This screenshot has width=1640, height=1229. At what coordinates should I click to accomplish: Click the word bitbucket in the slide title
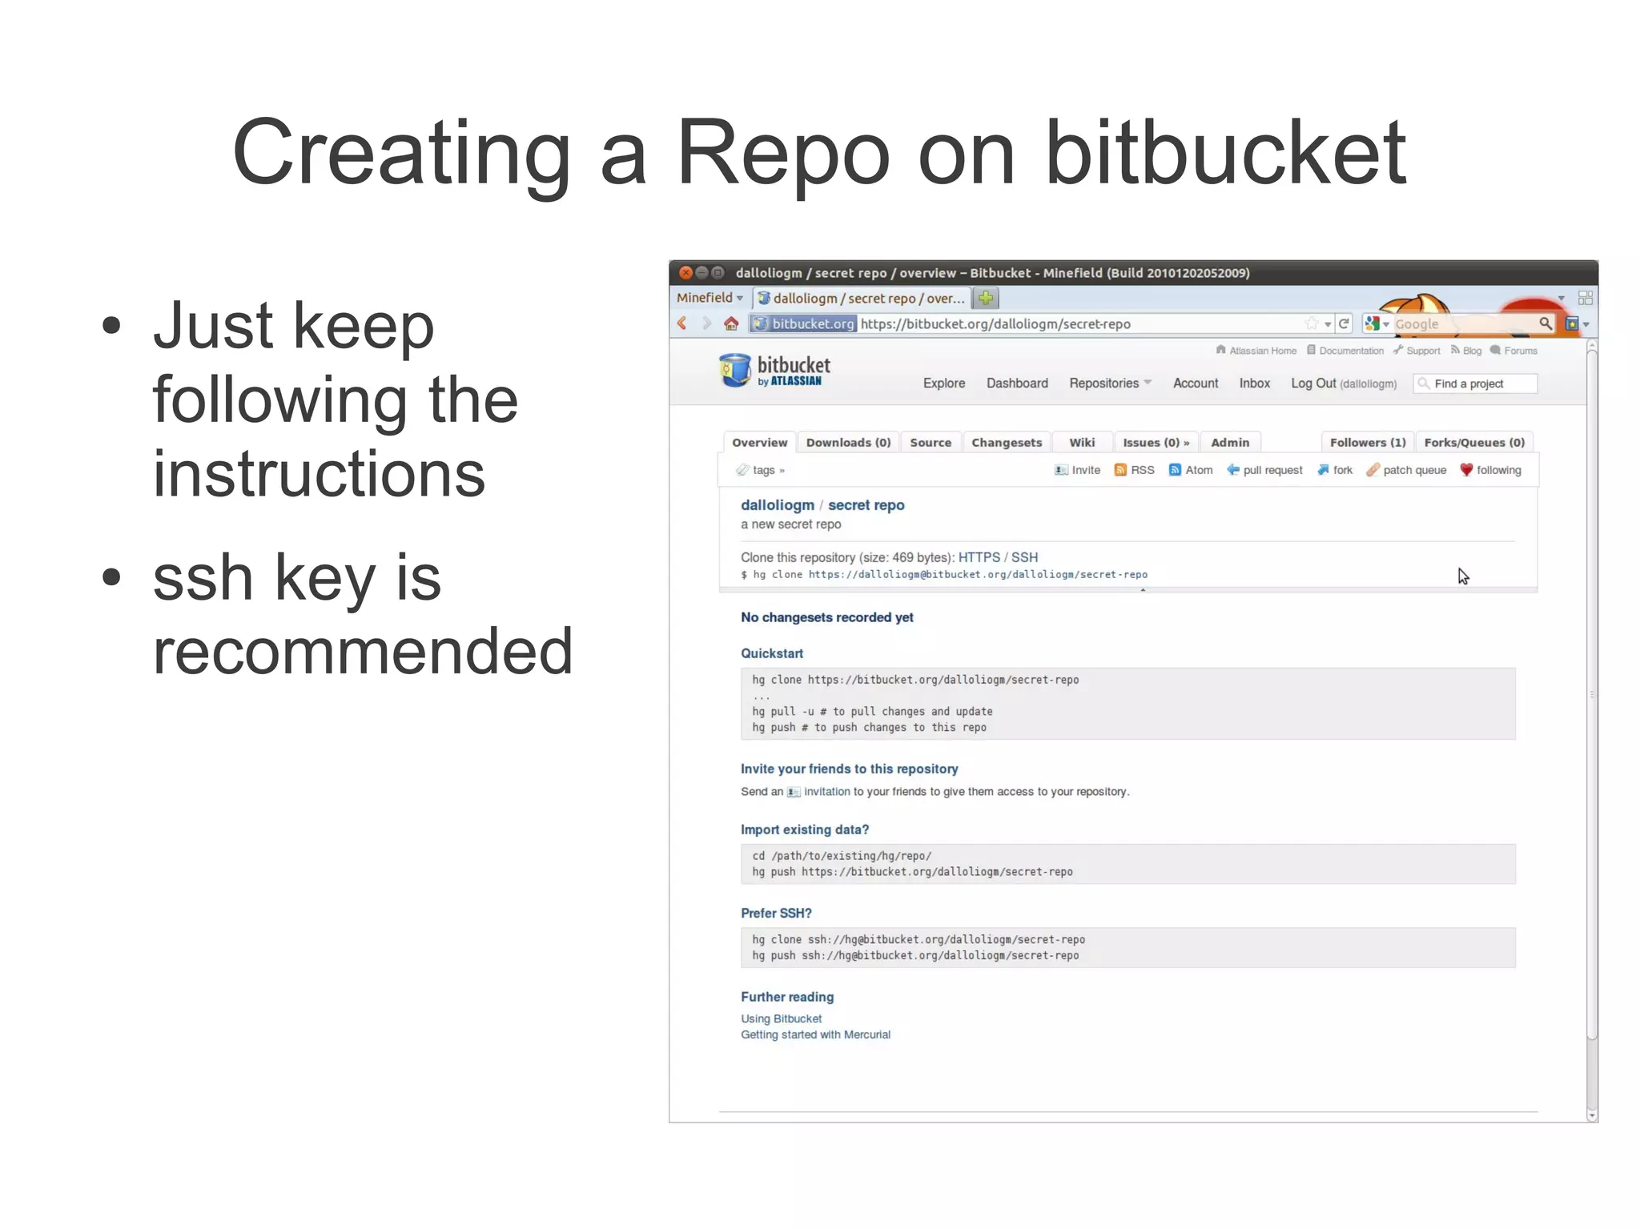tap(1225, 152)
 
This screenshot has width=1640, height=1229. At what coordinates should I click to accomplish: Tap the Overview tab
tap(759, 443)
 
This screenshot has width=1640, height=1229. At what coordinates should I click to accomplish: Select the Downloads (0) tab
tap(848, 443)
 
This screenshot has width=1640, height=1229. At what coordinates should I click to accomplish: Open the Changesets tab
tap(1007, 443)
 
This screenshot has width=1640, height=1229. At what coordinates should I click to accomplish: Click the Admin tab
tap(1229, 443)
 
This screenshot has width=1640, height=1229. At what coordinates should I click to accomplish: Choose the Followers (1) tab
tap(1367, 443)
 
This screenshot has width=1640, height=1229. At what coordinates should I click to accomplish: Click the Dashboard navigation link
tap(1017, 384)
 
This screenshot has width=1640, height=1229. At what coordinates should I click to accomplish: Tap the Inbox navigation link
tap(1254, 384)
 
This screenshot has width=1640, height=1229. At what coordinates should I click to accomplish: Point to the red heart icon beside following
tap(1466, 470)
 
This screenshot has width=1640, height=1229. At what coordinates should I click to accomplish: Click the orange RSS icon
tap(1120, 470)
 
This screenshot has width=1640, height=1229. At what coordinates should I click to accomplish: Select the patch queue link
tap(1414, 470)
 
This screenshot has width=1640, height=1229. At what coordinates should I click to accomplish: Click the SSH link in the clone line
tap(1024, 557)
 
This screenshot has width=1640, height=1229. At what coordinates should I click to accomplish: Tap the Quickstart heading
tap(772, 653)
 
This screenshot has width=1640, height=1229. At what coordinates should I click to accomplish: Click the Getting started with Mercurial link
tap(815, 1034)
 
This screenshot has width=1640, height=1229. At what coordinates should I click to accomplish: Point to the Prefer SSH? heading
tap(776, 913)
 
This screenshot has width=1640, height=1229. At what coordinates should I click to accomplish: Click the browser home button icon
tap(731, 323)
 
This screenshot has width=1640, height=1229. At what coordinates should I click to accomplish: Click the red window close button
tap(685, 273)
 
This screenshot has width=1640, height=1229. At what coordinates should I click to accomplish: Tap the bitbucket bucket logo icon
tap(734, 371)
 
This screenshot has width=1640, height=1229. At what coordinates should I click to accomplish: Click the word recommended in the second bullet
tap(363, 651)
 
